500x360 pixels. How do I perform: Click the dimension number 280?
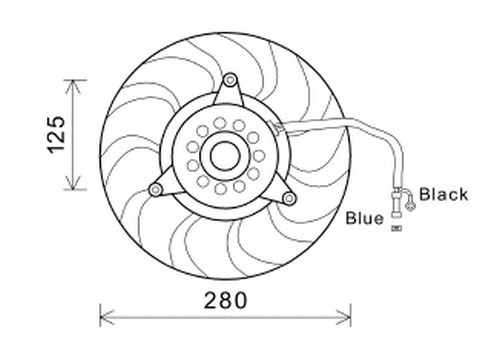click(x=225, y=300)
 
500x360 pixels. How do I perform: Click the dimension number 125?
click(x=56, y=135)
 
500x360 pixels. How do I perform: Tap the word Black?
click(x=443, y=194)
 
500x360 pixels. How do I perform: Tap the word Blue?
click(x=365, y=218)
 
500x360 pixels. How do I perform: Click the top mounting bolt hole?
click(x=230, y=80)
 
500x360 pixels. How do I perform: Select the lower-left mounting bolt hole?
click(x=155, y=190)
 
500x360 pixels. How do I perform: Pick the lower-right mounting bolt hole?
click(x=289, y=198)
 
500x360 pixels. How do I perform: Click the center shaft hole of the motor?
click(x=225, y=156)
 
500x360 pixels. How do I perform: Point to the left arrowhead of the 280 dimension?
click(x=107, y=317)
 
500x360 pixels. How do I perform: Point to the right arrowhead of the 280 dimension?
click(x=344, y=317)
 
